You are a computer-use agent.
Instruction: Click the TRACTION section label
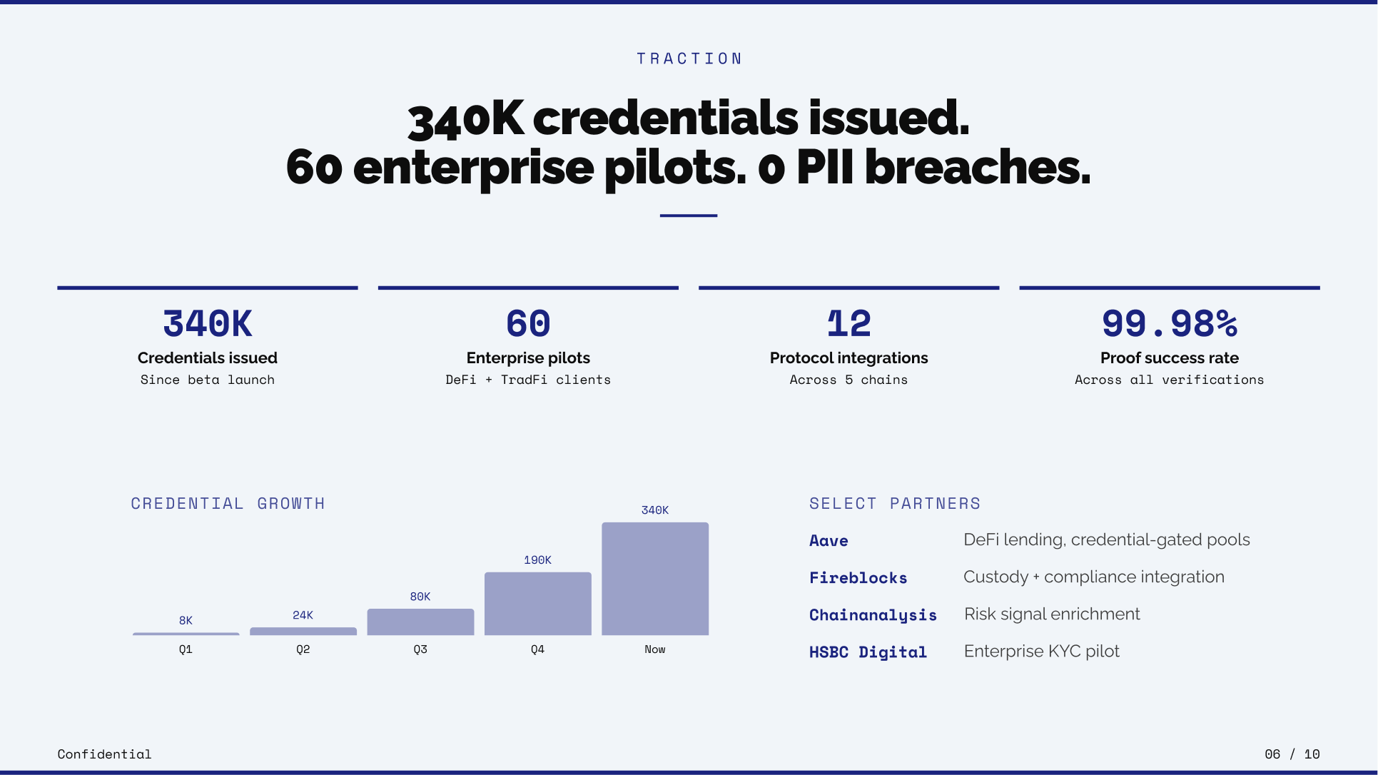pyautogui.click(x=689, y=59)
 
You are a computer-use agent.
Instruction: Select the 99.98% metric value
pyautogui.click(x=1170, y=323)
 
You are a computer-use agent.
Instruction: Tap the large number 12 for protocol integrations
pyautogui.click(x=849, y=323)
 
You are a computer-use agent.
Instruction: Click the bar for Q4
pyautogui.click(x=538, y=604)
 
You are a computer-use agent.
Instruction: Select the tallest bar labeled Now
pyautogui.click(x=655, y=579)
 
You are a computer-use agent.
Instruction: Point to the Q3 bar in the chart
pyautogui.click(x=420, y=622)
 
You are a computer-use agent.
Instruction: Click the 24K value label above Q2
pyautogui.click(x=303, y=615)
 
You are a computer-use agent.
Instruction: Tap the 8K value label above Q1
pyautogui.click(x=186, y=620)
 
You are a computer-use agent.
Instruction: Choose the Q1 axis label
pyautogui.click(x=186, y=649)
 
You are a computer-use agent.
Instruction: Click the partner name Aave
pyautogui.click(x=829, y=541)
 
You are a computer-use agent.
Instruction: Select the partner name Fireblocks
pyautogui.click(x=858, y=578)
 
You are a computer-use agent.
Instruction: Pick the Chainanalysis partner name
pyautogui.click(x=873, y=615)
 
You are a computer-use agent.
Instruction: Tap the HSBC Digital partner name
pyautogui.click(x=868, y=652)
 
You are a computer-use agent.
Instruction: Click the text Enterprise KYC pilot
pyautogui.click(x=1042, y=652)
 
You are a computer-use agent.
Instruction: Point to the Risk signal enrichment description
pyautogui.click(x=1052, y=614)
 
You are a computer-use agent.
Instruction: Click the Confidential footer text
pyautogui.click(x=104, y=754)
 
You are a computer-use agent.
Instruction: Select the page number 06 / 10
pyautogui.click(x=1292, y=754)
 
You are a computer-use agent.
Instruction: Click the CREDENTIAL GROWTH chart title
pyautogui.click(x=228, y=504)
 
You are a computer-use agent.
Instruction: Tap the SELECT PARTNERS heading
pyautogui.click(x=895, y=504)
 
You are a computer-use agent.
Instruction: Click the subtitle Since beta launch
pyautogui.click(x=208, y=380)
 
